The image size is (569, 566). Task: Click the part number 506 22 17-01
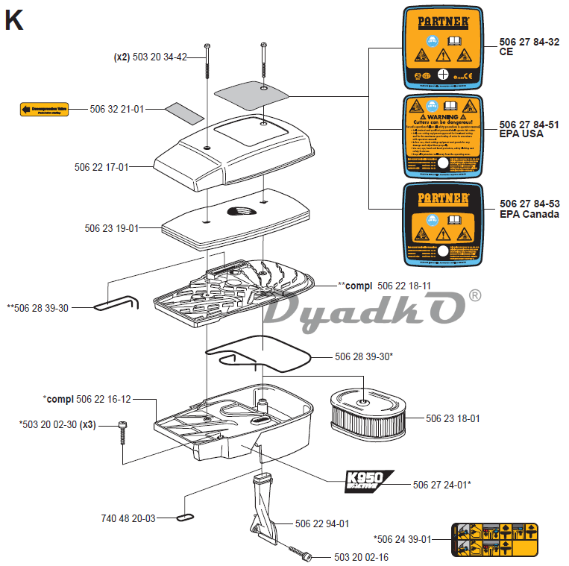(106, 168)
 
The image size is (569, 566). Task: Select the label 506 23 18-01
(453, 419)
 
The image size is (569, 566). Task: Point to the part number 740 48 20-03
(128, 518)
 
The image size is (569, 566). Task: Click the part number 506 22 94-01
(322, 523)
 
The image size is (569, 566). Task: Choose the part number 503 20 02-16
(361, 557)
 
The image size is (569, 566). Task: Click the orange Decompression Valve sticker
(45, 110)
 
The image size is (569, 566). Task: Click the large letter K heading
(14, 20)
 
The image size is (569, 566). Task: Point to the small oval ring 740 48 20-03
(185, 515)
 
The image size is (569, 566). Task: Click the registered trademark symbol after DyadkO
(474, 297)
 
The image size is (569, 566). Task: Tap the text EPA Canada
(529, 215)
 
